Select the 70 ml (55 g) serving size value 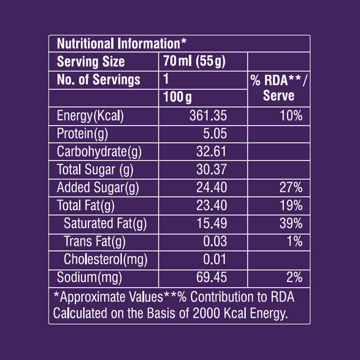click(x=195, y=62)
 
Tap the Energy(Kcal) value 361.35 click(x=208, y=116)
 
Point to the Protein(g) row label click(x=82, y=134)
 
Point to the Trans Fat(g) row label click(x=95, y=242)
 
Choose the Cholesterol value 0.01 click(x=215, y=260)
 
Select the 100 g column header click(x=177, y=98)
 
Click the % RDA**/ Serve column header click(x=278, y=88)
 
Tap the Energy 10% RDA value click(x=291, y=116)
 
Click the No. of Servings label click(x=98, y=80)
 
